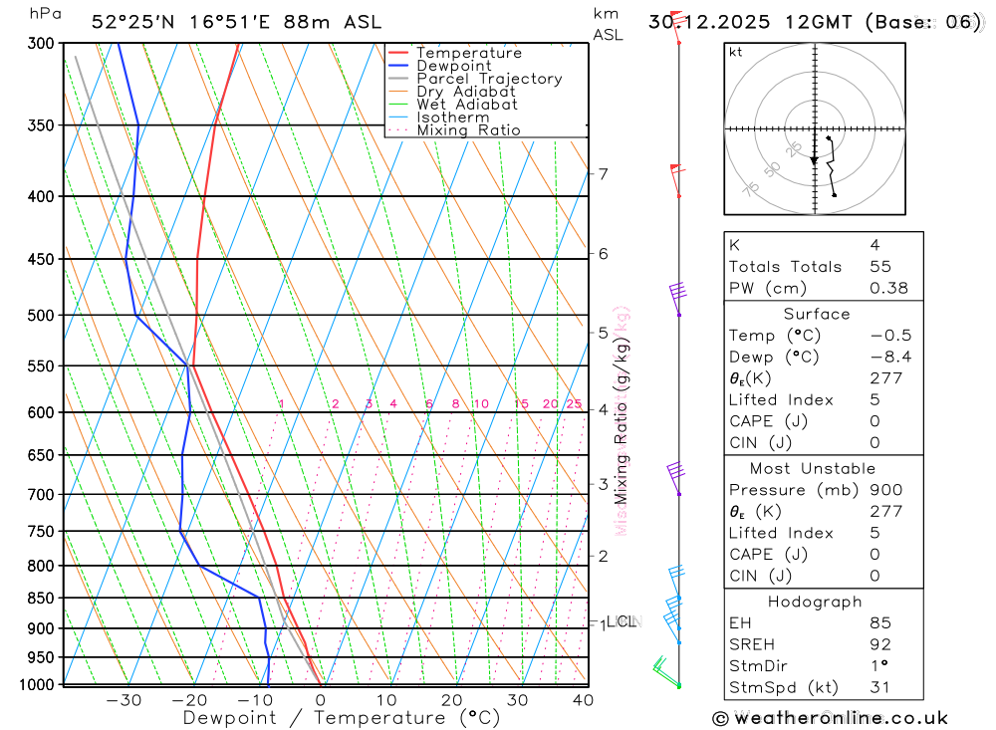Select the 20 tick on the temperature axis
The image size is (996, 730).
(452, 700)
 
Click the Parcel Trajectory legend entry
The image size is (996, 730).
(488, 79)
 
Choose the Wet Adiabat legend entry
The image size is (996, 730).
(466, 105)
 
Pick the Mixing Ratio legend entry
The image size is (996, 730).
(468, 130)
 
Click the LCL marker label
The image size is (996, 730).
(622, 621)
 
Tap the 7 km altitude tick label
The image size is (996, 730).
(604, 174)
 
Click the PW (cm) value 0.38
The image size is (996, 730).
(889, 288)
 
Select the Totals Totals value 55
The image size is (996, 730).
(881, 267)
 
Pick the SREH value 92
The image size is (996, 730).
(880, 644)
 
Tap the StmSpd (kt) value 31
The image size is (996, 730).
(880, 687)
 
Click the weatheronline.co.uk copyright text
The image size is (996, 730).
(831, 718)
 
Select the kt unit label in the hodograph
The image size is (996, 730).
(736, 53)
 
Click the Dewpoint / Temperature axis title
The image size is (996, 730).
(342, 718)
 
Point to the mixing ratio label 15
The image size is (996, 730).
(521, 403)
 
